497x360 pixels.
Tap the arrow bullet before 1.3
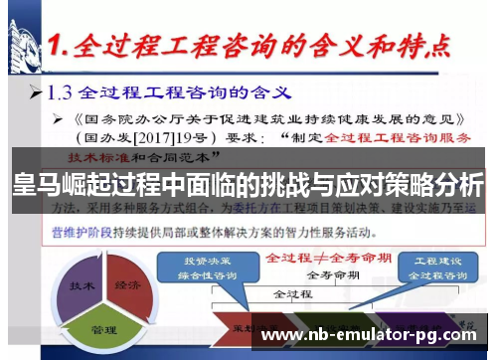point(35,95)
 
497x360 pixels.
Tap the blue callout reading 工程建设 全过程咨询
point(434,268)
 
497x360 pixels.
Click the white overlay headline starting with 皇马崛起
point(248,185)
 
